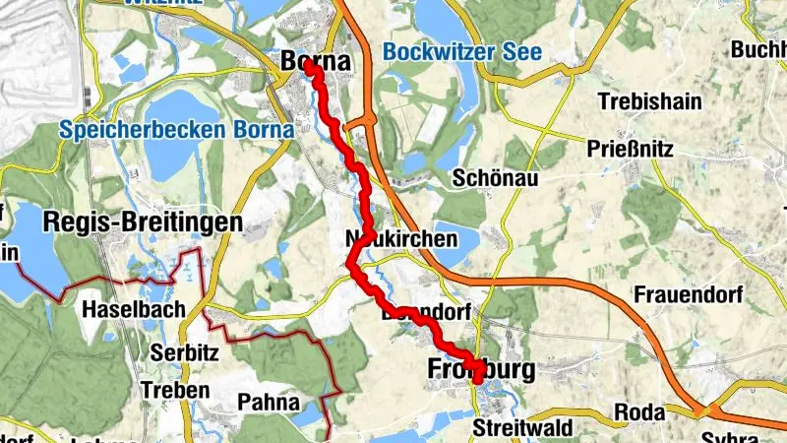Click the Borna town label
point(316,61)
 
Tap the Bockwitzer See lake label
point(461,52)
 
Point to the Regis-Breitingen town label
point(143,223)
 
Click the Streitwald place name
point(515,428)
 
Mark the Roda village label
point(634,411)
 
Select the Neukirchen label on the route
point(401,239)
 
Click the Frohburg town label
point(481,369)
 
